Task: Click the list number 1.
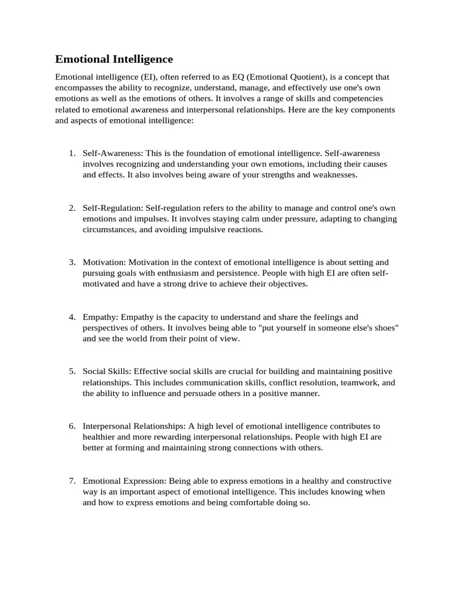(72, 153)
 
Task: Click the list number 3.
(72, 262)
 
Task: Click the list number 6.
(72, 426)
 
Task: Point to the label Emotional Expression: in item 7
(125, 481)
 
